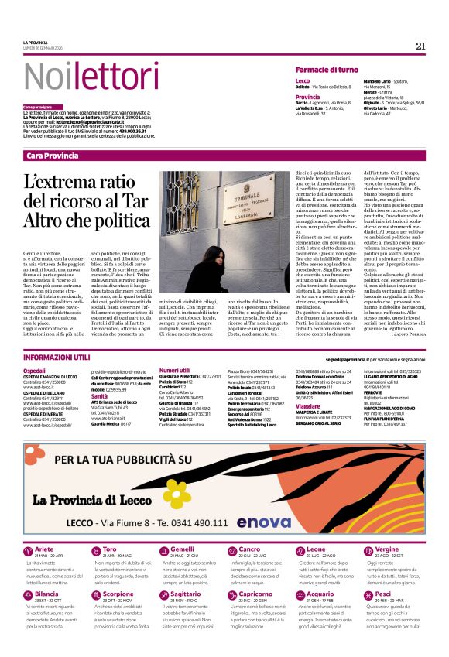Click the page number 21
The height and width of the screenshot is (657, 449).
420,46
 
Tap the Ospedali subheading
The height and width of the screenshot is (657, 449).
34,370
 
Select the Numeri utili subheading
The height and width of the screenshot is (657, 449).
174,370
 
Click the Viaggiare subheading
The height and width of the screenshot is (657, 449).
307,405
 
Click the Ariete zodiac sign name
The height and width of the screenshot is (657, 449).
44,549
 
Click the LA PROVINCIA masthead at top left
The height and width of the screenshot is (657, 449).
35,42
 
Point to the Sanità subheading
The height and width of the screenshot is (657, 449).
100,395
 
